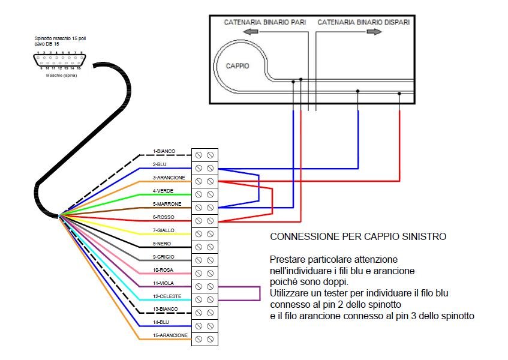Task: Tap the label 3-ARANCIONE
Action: point(169,178)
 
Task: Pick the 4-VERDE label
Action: point(164,191)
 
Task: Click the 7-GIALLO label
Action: point(164,231)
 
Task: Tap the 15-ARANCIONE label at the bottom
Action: point(171,335)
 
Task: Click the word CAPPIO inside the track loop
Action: point(238,66)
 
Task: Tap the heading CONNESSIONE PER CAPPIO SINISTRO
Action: point(358,237)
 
